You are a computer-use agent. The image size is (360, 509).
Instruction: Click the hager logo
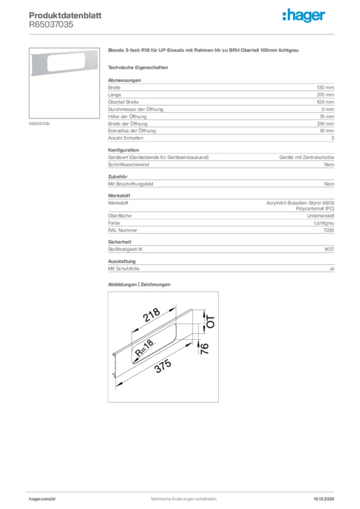point(304,16)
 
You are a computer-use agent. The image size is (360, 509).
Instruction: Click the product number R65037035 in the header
point(51,24)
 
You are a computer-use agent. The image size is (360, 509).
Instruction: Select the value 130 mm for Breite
point(326,87)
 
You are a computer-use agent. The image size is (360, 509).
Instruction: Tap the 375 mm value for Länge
point(326,95)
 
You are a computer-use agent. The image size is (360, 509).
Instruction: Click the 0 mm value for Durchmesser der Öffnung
point(328,109)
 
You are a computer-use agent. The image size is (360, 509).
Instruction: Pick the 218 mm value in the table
point(326,124)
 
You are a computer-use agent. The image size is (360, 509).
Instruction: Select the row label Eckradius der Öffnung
point(132,131)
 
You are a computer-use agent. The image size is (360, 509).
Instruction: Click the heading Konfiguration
point(123,150)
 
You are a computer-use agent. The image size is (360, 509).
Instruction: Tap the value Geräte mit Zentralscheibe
point(306,157)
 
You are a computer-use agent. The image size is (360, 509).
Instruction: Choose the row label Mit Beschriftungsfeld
point(130,184)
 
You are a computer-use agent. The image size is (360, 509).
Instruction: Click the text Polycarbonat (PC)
point(315,209)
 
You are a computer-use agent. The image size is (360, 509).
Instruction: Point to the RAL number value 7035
point(329,230)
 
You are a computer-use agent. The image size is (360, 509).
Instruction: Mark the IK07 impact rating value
point(329,250)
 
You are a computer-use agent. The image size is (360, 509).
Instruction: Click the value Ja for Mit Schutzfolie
point(332,269)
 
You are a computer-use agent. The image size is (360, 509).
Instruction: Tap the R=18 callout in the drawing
point(144,350)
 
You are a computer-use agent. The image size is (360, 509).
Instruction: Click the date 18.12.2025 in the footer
point(324,499)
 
